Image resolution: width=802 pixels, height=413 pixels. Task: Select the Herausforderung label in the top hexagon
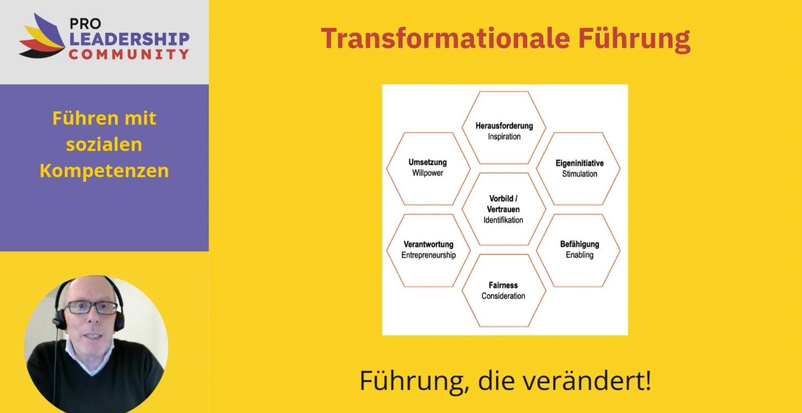click(504, 126)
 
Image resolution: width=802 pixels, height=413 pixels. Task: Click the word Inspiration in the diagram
click(504, 137)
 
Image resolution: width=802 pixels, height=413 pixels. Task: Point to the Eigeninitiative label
click(579, 163)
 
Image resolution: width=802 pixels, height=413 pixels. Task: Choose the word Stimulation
click(579, 174)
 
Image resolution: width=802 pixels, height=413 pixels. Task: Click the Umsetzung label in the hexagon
click(427, 162)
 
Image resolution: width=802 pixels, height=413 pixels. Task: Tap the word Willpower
click(427, 173)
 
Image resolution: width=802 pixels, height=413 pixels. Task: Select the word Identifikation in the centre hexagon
click(503, 220)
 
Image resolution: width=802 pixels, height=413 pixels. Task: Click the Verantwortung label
click(428, 244)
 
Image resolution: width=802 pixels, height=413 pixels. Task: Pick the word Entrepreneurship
click(428, 255)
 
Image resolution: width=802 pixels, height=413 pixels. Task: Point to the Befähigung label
click(580, 244)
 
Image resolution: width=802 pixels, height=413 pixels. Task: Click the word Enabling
click(580, 255)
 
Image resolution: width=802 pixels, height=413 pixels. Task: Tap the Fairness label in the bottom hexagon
click(503, 285)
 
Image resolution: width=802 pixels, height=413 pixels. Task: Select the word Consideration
click(503, 296)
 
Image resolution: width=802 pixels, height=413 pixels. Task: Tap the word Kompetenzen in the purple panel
click(104, 171)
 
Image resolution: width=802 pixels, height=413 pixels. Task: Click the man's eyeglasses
click(92, 308)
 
